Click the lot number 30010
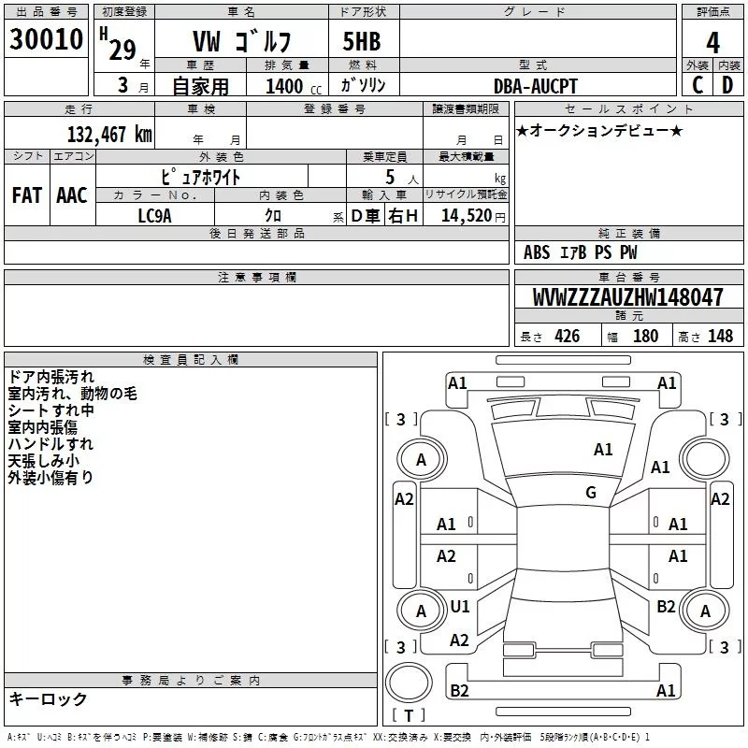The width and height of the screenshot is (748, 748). (47, 40)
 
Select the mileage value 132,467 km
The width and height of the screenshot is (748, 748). (109, 134)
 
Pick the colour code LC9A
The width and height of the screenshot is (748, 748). (154, 214)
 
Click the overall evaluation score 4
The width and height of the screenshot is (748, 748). (713, 42)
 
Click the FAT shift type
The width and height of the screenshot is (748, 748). (27, 195)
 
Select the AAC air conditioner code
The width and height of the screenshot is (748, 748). (71, 195)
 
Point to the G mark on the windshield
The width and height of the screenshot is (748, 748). (591, 493)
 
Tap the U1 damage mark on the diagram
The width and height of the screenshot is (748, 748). (460, 607)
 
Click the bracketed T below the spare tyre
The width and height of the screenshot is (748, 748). (409, 716)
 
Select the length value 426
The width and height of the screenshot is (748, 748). (566, 337)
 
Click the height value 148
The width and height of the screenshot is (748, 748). (720, 337)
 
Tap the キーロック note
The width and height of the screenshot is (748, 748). (48, 698)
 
